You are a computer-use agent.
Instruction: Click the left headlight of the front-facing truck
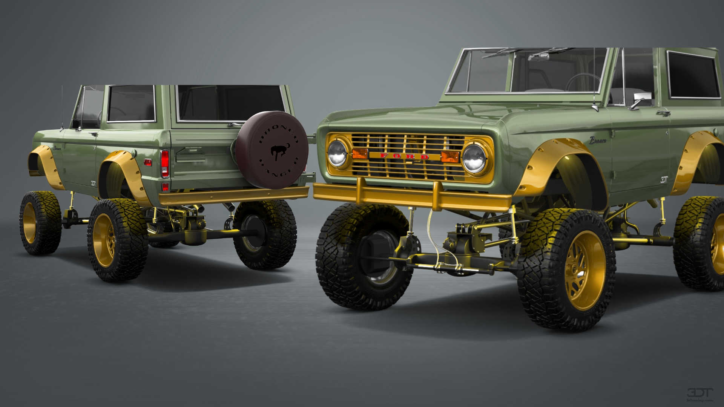pos(337,153)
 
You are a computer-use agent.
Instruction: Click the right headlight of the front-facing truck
pos(474,158)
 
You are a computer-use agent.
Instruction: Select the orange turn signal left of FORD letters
pos(360,153)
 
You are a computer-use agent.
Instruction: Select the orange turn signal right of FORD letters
pos(450,157)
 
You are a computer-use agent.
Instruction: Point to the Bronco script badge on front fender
pos(598,141)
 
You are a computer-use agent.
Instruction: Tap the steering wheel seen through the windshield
pos(583,81)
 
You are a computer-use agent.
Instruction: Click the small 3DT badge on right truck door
pos(664,180)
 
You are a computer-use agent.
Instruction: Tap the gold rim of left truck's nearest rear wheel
pos(104,240)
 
